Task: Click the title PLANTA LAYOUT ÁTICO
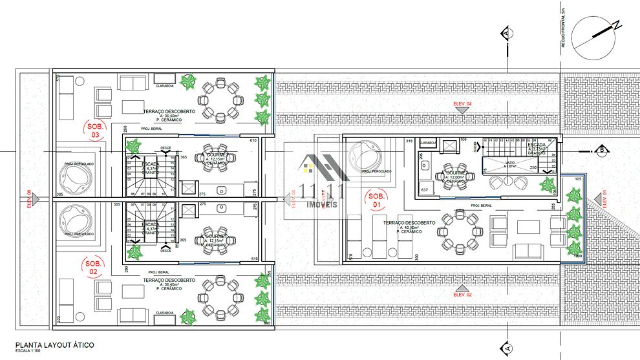pos(55,345)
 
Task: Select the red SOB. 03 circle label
pos(95,131)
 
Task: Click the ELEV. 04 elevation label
pos(463,104)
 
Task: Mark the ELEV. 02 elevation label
pos(463,294)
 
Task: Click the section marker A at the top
pos(507,32)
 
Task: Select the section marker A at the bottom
pos(507,348)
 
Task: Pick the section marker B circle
pos(602,151)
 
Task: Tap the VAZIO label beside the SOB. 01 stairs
pos(511,163)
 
